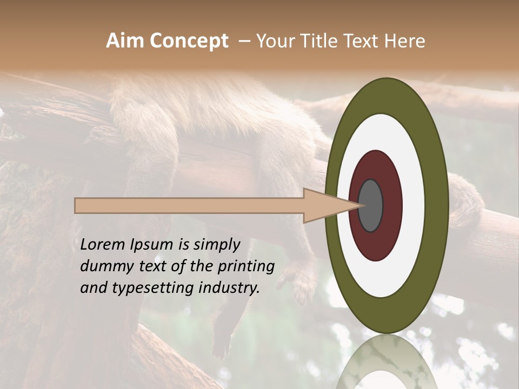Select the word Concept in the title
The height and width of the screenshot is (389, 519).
coord(189,41)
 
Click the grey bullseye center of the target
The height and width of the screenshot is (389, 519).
coord(371,205)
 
